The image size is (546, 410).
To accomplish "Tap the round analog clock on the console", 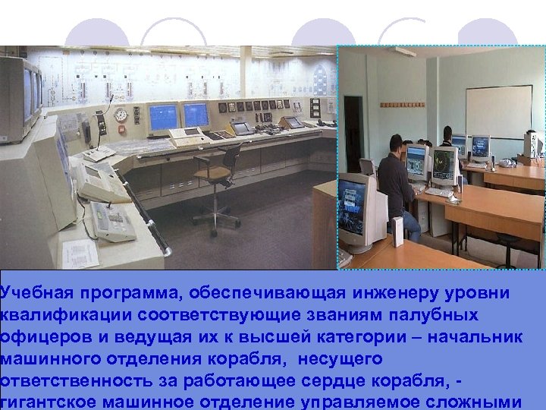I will (x=120, y=115).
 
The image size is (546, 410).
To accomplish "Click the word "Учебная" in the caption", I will (x=31, y=293).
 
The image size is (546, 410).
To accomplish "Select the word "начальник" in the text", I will (x=482, y=336).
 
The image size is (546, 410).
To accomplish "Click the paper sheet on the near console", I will (x=80, y=253).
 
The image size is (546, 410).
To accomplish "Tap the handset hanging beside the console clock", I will (x=87, y=133).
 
